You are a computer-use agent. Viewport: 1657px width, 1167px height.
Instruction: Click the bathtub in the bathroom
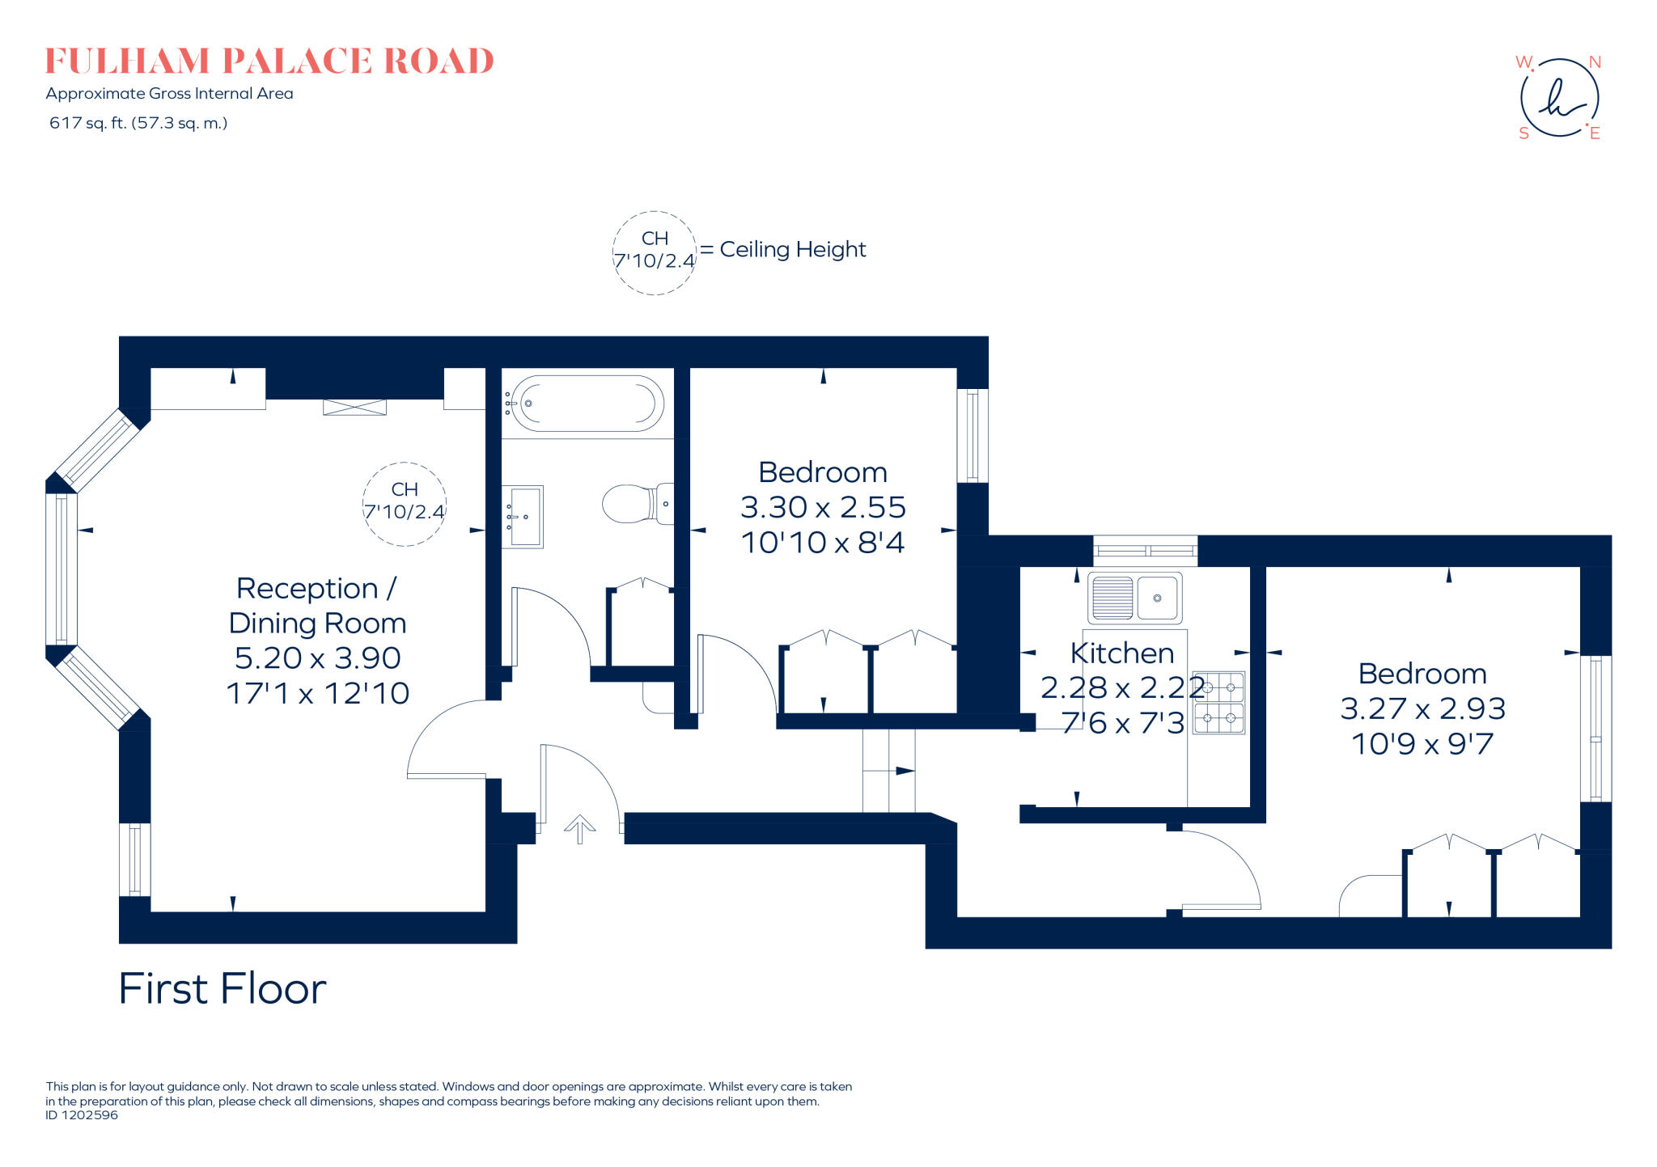pyautogui.click(x=588, y=403)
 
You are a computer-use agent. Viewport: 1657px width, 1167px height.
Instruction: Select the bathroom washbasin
pyautogui.click(x=522, y=516)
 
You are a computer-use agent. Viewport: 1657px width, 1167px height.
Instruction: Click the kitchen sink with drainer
pyautogui.click(x=1134, y=598)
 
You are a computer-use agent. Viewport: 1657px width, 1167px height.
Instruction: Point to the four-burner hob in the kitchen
pyautogui.click(x=1218, y=702)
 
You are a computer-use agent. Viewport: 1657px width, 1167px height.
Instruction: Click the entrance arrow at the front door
pyautogui.click(x=579, y=829)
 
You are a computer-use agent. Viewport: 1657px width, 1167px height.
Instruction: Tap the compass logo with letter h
pyautogui.click(x=1559, y=98)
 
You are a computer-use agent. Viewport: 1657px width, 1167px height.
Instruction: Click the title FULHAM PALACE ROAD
pyautogui.click(x=269, y=61)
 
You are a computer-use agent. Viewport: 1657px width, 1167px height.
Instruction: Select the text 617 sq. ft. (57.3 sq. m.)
pyautogui.click(x=138, y=123)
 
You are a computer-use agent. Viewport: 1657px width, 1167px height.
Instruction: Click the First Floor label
pyautogui.click(x=222, y=988)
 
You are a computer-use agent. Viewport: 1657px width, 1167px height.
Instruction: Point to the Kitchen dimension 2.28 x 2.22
pyautogui.click(x=1121, y=687)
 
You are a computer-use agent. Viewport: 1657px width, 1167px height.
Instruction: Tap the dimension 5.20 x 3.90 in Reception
pyautogui.click(x=317, y=658)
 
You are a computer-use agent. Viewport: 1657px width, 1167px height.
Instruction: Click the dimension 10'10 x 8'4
pyautogui.click(x=823, y=543)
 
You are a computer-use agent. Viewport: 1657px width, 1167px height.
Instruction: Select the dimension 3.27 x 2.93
pyautogui.click(x=1422, y=708)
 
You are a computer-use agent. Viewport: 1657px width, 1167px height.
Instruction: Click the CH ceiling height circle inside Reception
pyautogui.click(x=404, y=503)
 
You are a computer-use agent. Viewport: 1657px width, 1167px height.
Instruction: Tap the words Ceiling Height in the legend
pyautogui.click(x=792, y=249)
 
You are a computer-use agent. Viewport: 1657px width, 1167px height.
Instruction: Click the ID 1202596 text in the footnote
pyautogui.click(x=82, y=1115)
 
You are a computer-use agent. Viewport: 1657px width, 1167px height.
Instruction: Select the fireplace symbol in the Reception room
pyautogui.click(x=354, y=407)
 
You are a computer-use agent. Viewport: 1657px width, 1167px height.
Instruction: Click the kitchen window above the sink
pyautogui.click(x=1145, y=551)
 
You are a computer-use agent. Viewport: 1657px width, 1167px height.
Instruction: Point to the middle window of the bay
pyautogui.click(x=61, y=568)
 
